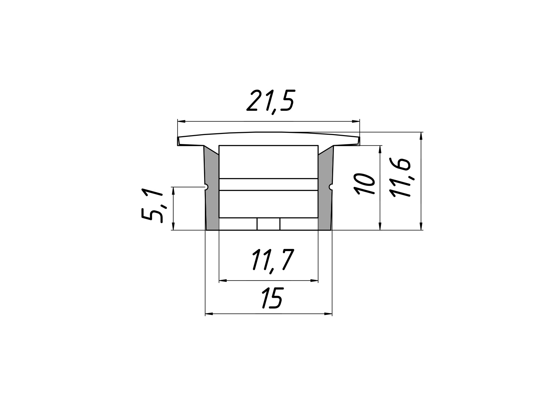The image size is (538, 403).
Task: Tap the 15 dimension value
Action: coord(273,298)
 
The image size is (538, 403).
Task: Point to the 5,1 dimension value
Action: coord(152,205)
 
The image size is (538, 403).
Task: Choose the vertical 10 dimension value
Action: coord(364,184)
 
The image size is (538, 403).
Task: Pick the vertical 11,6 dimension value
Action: coord(400,178)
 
